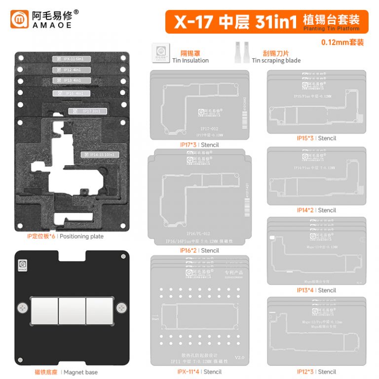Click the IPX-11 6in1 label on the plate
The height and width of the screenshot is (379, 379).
[x=70, y=59]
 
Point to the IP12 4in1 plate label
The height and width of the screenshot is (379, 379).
[x=70, y=70]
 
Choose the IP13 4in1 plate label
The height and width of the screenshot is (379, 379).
[x=70, y=80]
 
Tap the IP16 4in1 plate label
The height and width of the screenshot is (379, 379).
[x=70, y=93]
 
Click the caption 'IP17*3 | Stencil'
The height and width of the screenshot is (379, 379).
[x=199, y=145]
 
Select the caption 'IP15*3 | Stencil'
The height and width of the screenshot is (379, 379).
[x=316, y=138]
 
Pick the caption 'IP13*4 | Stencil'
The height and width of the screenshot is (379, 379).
[x=316, y=290]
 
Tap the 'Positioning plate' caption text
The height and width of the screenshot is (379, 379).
[x=81, y=236]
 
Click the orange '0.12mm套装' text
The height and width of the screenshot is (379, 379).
[x=342, y=42]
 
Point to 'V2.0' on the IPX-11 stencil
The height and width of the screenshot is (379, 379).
[x=239, y=357]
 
